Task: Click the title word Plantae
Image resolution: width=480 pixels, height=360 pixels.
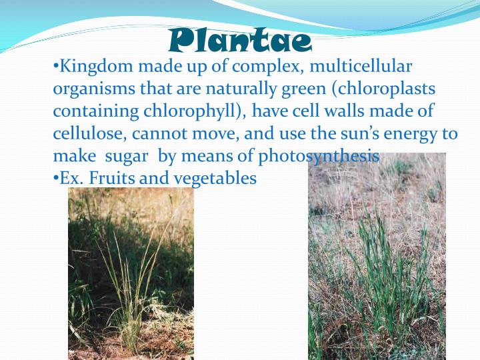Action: (x=240, y=41)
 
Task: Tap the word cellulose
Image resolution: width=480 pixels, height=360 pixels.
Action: (x=90, y=134)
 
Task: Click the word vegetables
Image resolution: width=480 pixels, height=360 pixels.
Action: (x=215, y=179)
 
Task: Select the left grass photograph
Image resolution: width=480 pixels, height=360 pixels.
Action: (x=131, y=273)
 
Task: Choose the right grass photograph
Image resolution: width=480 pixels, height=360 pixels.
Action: (x=377, y=260)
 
